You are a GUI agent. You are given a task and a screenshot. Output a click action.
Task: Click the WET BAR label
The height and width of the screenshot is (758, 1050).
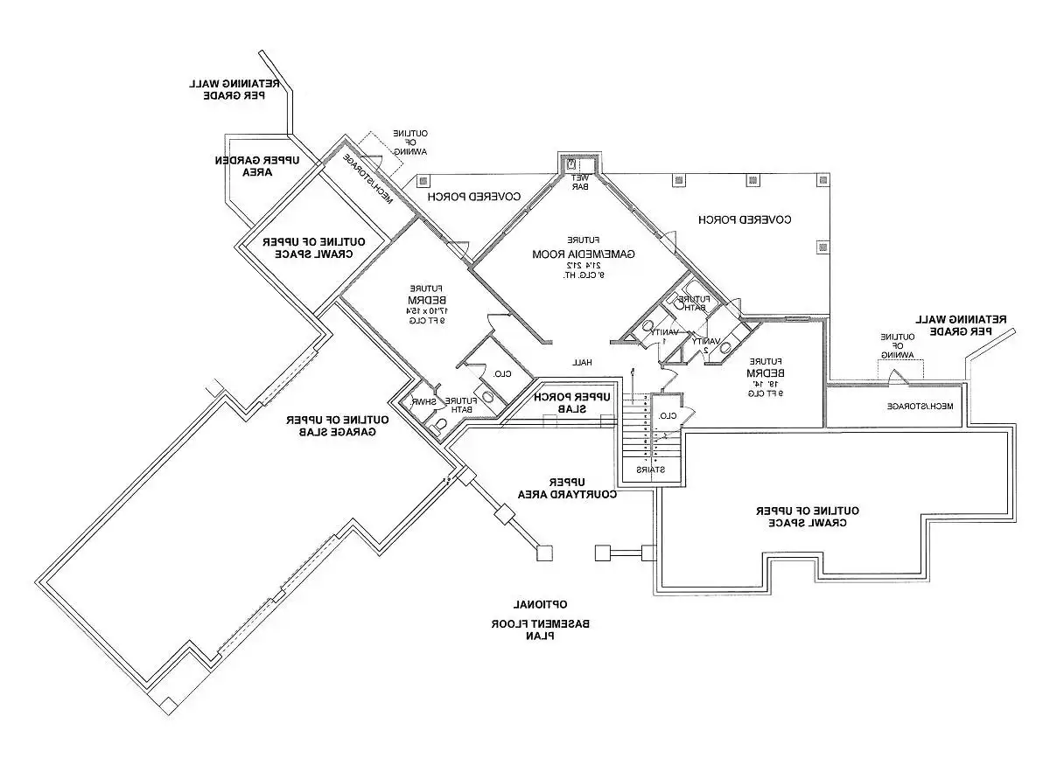point(581,182)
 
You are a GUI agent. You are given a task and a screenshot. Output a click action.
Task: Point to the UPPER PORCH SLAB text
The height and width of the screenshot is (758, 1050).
point(573,403)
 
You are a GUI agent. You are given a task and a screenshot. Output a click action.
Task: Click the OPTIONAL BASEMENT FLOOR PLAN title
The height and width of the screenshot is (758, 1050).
point(541,620)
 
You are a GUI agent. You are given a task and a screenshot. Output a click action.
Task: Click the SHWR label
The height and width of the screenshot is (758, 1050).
point(424,401)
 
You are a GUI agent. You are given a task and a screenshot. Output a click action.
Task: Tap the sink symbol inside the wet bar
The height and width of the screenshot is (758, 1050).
point(571,163)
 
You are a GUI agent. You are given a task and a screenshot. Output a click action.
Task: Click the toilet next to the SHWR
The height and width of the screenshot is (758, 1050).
point(441,424)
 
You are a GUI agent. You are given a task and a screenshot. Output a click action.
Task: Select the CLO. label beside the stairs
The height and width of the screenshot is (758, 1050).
point(667,415)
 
